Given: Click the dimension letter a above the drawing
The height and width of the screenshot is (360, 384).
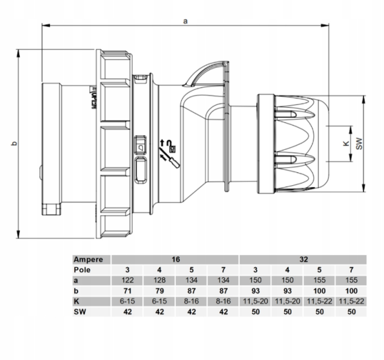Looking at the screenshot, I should (x=185, y=20).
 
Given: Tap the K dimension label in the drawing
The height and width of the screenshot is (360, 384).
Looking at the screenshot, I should (x=346, y=144).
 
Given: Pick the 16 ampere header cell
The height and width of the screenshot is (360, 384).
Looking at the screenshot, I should (x=175, y=259).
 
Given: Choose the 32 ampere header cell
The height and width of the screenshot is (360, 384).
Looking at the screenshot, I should (x=303, y=259).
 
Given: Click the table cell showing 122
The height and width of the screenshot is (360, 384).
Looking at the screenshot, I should (x=127, y=281).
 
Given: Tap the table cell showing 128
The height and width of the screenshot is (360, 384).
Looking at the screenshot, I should (x=159, y=281).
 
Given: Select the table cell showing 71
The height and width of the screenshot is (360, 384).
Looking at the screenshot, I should (x=127, y=291).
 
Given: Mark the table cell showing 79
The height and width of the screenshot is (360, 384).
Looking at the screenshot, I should (x=159, y=291).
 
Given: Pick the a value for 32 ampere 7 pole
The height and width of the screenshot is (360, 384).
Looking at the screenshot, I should (x=351, y=281).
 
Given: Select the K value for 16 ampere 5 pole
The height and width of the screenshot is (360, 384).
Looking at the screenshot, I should (x=191, y=301).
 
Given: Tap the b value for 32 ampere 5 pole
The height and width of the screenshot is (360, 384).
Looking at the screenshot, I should (x=319, y=291).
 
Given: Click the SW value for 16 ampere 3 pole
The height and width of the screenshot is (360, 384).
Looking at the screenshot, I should (x=127, y=312).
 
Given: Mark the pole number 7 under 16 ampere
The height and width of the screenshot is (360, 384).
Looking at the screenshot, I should (x=223, y=270).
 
